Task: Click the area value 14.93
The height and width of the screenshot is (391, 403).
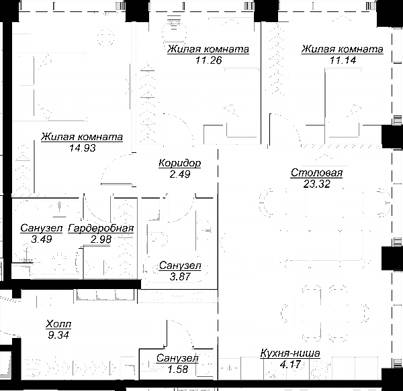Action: point(82,148)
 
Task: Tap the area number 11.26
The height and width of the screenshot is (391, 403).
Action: point(208,60)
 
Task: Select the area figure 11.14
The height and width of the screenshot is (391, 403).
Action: point(343,60)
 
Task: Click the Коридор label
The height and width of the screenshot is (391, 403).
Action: point(179,163)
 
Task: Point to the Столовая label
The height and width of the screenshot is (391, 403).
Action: point(316,172)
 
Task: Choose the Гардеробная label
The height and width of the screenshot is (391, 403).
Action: point(101,228)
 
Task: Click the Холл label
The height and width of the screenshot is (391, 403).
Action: point(58,324)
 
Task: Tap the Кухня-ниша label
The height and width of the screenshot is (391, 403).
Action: point(290,353)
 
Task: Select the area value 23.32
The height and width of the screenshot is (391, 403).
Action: point(316,184)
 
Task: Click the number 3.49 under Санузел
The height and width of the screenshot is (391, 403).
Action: point(42,239)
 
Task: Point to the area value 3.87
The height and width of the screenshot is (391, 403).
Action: point(180,276)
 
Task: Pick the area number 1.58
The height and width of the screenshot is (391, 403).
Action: point(177,369)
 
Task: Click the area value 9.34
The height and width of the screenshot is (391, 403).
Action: point(58,335)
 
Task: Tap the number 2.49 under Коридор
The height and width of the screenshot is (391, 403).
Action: point(179,174)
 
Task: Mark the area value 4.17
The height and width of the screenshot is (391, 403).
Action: point(290,364)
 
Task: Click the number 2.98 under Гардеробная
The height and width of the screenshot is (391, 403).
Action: point(101,239)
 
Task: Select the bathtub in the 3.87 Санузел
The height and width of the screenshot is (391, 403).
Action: point(175,269)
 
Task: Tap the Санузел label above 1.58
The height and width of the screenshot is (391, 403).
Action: point(177,358)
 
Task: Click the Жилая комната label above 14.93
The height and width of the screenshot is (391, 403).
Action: point(82,137)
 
